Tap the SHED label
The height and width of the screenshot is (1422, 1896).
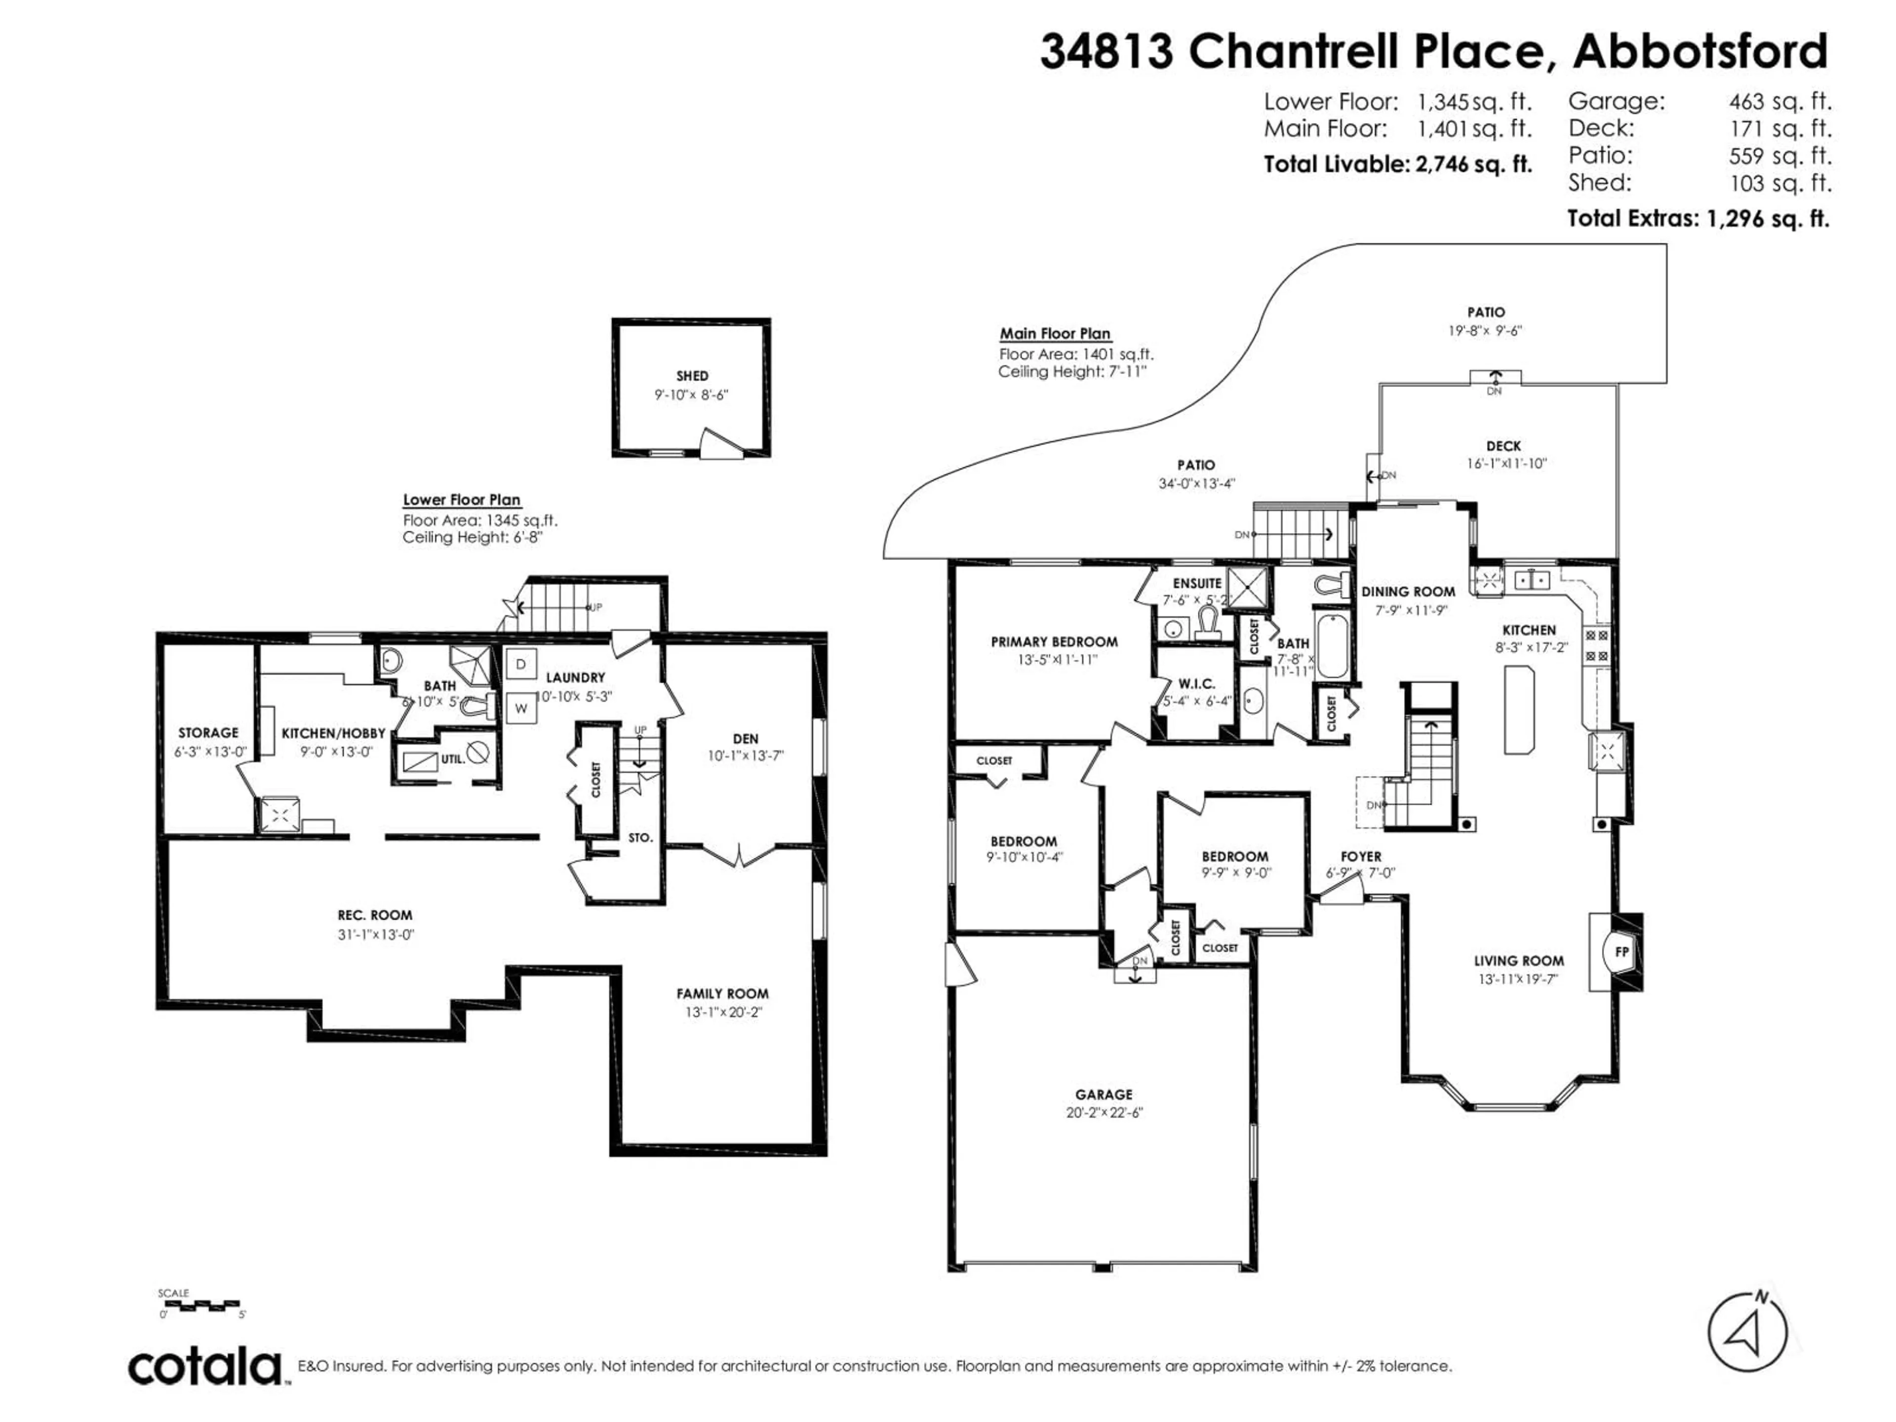point(692,375)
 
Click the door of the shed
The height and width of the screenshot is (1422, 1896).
point(720,443)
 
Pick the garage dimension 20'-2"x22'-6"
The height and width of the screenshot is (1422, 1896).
point(1103,1112)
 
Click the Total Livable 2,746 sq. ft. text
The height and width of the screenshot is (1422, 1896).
point(1397,164)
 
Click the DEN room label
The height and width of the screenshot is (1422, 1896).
point(745,738)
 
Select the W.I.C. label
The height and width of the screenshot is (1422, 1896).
point(1196,683)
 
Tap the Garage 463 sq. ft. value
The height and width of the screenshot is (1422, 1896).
point(1779,102)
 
